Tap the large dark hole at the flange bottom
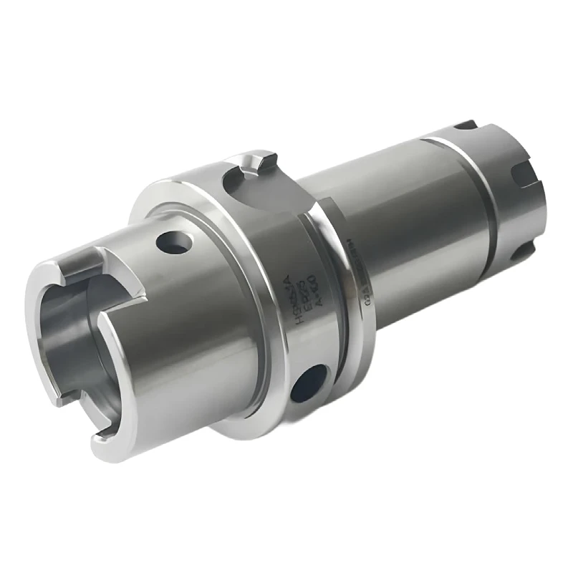tap(309, 382)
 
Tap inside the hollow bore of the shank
tap(68, 337)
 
